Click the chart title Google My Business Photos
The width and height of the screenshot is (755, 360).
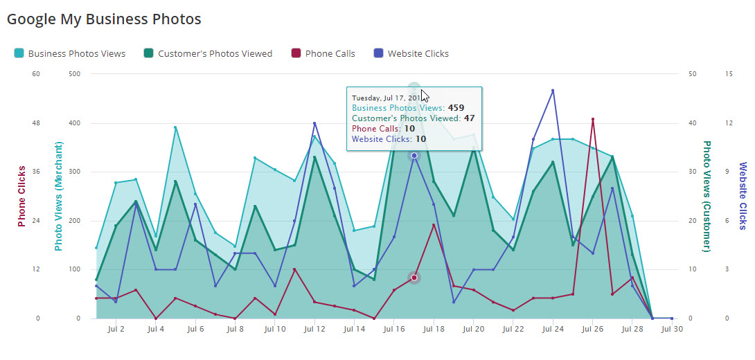point(104,19)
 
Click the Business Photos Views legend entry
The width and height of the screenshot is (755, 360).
point(76,53)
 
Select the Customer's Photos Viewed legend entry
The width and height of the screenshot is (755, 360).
point(215,53)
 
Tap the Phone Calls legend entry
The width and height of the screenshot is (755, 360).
point(330,53)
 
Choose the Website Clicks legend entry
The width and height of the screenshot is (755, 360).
point(418,53)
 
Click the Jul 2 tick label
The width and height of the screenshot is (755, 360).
point(117,330)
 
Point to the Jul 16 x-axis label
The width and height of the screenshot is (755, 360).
point(393,330)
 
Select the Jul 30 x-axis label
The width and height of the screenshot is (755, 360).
point(672,330)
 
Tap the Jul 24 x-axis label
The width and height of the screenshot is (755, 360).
point(553,330)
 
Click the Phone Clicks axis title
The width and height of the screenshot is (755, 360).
point(22,196)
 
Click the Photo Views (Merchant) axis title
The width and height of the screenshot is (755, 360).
point(59,196)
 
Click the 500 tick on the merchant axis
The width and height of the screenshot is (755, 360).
point(73,74)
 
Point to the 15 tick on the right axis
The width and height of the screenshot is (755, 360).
point(728,74)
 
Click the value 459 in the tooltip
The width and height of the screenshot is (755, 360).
point(456,108)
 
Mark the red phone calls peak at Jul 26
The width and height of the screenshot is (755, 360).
point(593,119)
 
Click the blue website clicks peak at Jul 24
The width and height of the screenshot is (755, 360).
point(553,90)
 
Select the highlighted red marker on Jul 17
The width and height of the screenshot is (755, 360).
point(414,278)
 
